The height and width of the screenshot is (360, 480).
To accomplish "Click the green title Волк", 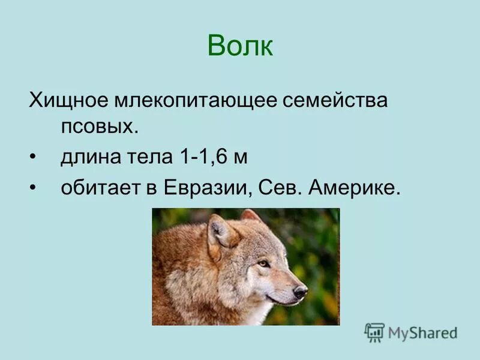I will tap(240, 46).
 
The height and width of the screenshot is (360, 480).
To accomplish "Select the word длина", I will tap(89, 158).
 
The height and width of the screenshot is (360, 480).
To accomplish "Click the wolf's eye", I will tap(263, 263).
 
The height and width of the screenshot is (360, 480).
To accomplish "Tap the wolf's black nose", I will tap(300, 291).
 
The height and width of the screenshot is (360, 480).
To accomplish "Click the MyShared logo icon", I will tap(374, 332).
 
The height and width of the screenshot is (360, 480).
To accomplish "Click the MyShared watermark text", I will tap(422, 332).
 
